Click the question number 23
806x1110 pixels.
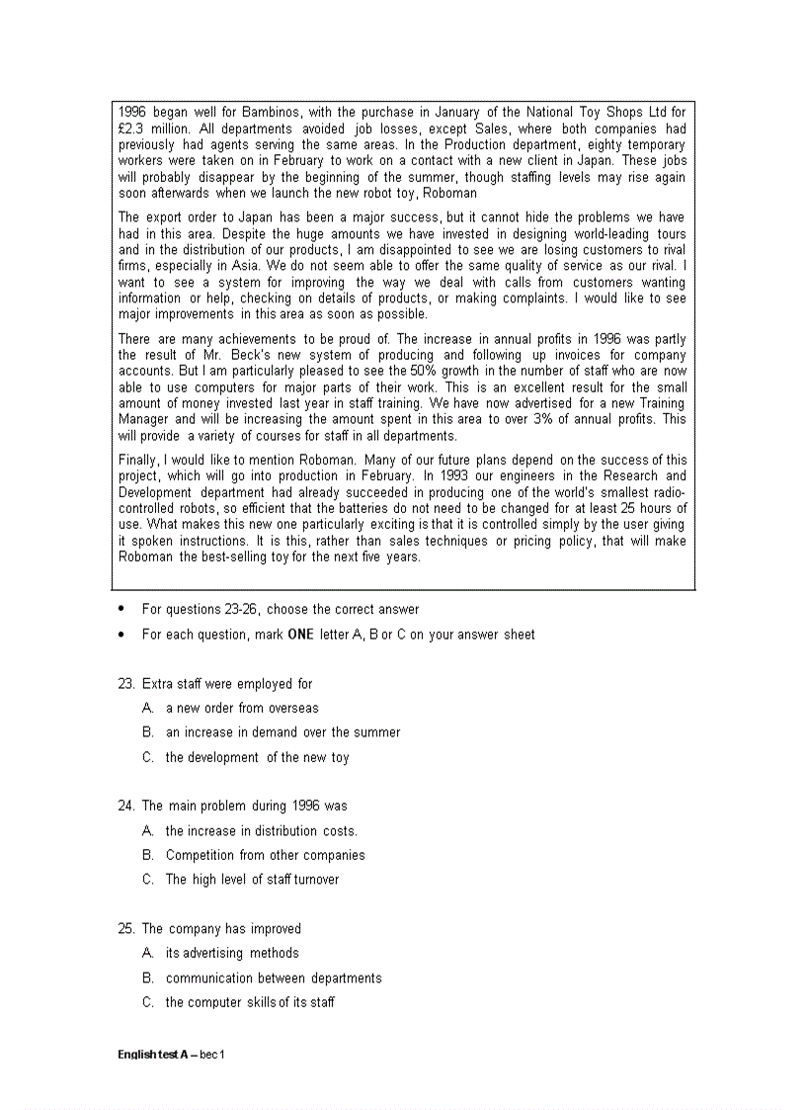coord(124,684)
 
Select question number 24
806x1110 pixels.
coord(124,806)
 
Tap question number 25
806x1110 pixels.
coord(124,929)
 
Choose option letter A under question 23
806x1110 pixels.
coord(147,709)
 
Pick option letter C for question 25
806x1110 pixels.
coord(147,1002)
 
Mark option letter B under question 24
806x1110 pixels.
coord(147,856)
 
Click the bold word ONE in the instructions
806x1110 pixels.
coord(300,635)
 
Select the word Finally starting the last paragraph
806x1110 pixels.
coord(137,461)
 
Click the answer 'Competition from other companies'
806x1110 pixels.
coord(265,856)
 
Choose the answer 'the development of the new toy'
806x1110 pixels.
coord(257,758)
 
